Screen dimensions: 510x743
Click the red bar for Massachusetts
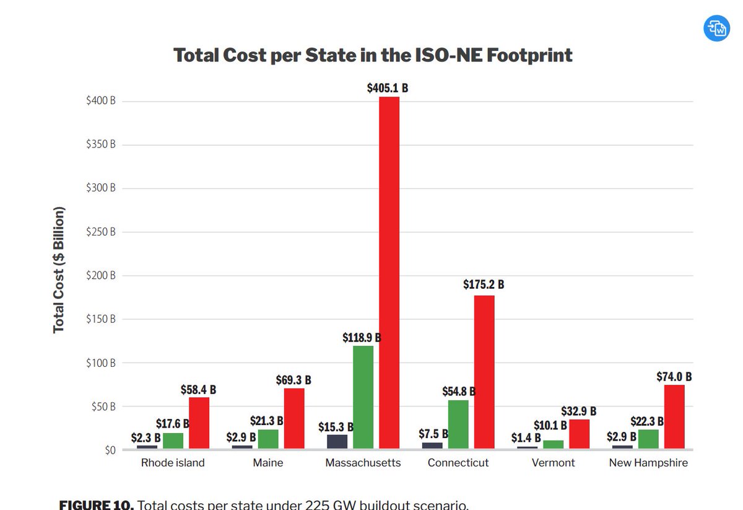coord(389,273)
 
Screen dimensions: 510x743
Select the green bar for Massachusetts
coord(363,397)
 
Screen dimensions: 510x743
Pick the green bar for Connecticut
coord(458,424)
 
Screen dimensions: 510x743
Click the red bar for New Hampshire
coord(674,416)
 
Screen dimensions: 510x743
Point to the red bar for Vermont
coord(579,434)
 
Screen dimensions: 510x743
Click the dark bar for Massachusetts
coord(337,441)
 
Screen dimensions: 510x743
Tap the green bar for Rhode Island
coord(173,441)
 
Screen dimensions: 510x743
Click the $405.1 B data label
coord(388,88)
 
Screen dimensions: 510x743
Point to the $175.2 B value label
coord(484,285)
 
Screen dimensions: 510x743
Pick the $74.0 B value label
coord(674,376)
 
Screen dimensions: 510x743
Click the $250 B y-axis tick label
coord(101,232)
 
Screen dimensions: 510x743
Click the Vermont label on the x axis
coord(553,463)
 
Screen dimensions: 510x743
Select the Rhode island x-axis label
coord(173,463)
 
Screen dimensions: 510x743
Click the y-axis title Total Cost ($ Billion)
coord(59,269)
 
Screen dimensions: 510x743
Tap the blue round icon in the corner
coord(718,28)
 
